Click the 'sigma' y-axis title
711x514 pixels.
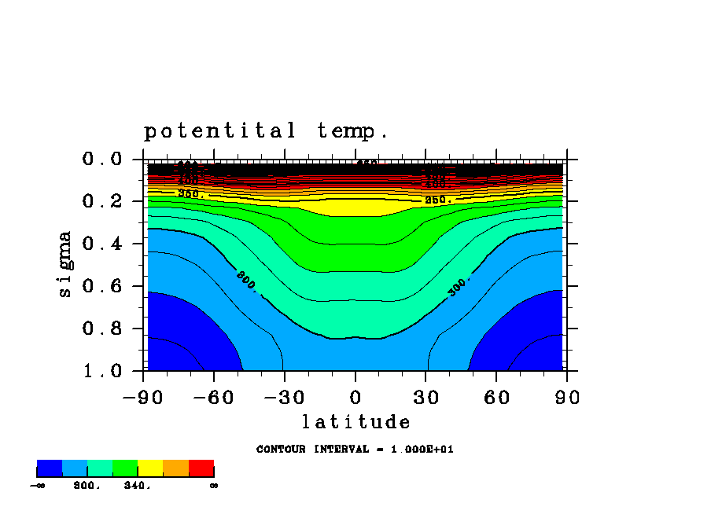tap(65, 263)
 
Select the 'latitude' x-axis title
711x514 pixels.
tap(355, 422)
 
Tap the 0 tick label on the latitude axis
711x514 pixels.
tap(355, 398)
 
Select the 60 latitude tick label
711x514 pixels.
tap(496, 398)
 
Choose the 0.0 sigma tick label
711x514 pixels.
tap(102, 160)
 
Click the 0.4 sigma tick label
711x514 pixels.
tap(102, 244)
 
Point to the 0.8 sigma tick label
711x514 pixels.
tap(102, 329)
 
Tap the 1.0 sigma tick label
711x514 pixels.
tap(102, 370)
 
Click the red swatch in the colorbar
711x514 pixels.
tap(201, 468)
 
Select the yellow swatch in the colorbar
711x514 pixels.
tap(150, 468)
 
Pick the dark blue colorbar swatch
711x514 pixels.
tap(50, 468)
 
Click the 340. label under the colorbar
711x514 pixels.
tap(137, 486)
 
